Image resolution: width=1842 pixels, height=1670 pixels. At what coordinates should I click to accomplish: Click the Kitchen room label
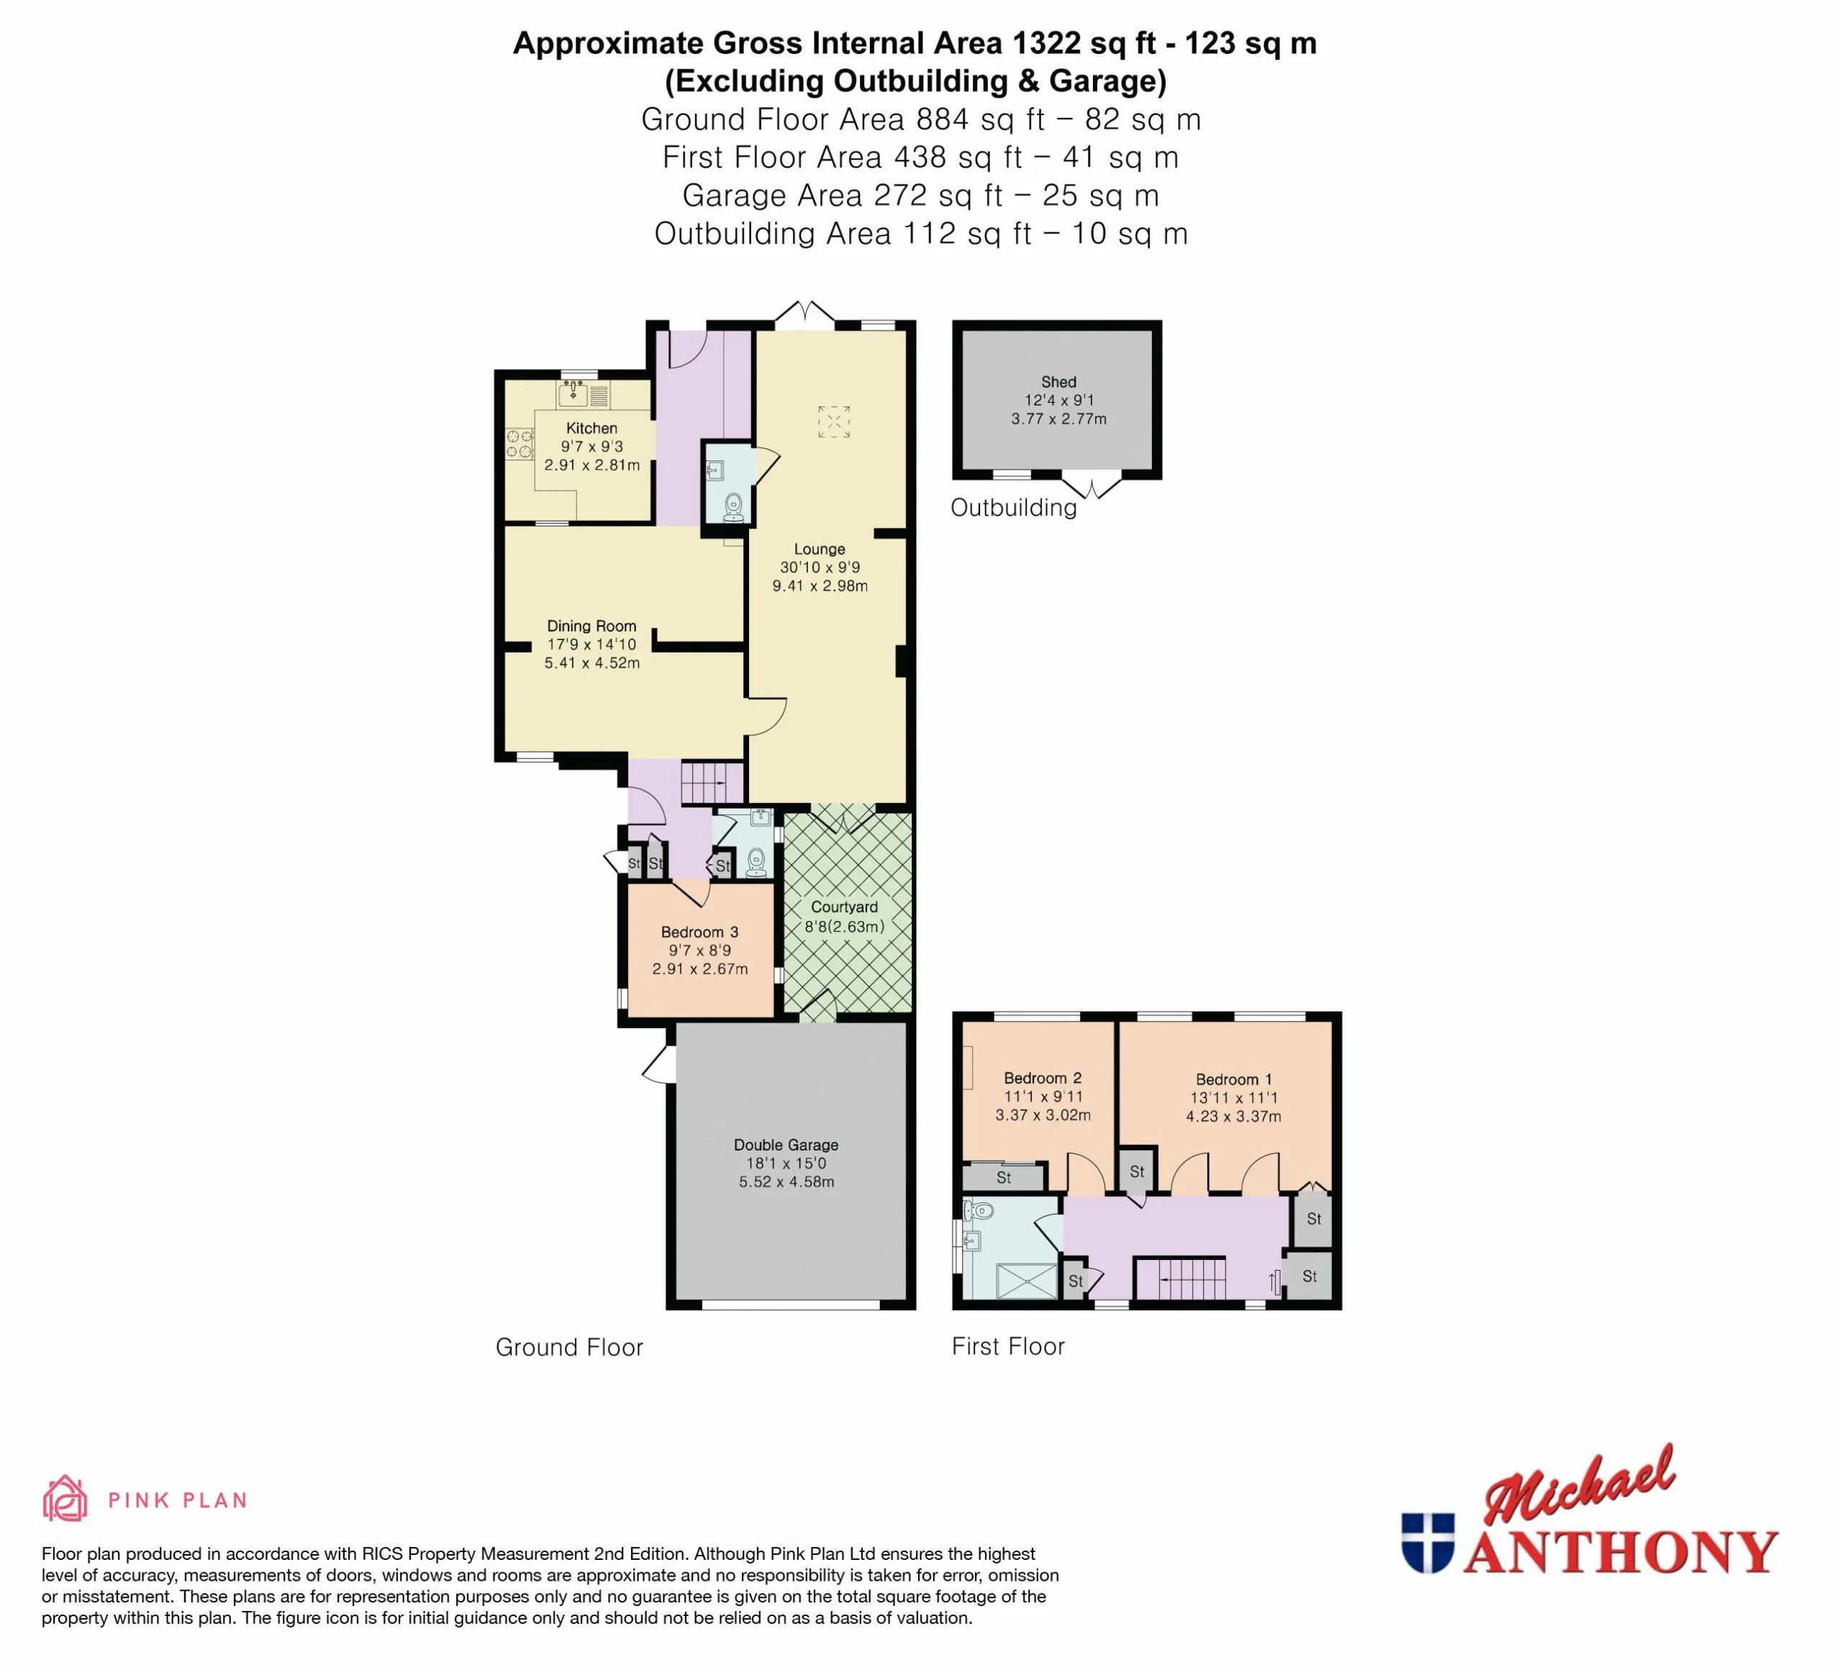[x=591, y=427]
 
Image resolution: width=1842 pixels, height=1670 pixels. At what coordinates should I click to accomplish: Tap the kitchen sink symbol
[x=573, y=394]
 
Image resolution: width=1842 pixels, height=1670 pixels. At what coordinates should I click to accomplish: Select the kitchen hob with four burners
[x=520, y=444]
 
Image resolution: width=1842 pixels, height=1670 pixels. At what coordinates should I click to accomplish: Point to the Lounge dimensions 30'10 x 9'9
[x=820, y=566]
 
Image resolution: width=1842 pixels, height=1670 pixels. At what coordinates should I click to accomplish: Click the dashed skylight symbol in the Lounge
[x=833, y=421]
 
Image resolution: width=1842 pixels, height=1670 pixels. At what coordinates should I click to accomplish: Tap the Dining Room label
[x=591, y=626]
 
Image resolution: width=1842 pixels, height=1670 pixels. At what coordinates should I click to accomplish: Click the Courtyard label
[x=844, y=907]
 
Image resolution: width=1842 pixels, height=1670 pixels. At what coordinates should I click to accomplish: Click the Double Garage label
[x=786, y=1145]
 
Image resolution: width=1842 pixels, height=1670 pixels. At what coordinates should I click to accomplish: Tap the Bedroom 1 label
[x=1233, y=1079]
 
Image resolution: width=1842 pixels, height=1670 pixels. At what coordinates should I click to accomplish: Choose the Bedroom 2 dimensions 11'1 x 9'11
[x=1043, y=1097]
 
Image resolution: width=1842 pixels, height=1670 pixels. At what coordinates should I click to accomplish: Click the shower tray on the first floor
[x=1027, y=1281]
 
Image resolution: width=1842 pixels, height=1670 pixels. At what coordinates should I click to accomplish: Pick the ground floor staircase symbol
[x=712, y=783]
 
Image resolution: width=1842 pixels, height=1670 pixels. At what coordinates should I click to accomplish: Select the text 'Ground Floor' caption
[x=569, y=1348]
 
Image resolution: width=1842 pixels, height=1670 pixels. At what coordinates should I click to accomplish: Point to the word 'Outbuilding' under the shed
[x=1013, y=508]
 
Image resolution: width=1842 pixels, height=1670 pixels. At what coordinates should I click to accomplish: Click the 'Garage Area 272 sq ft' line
[x=920, y=196]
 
